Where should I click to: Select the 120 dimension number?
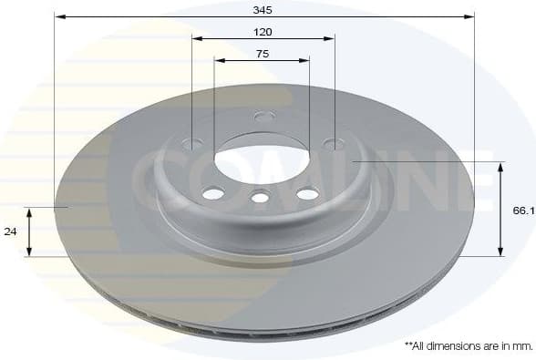coord(263,31)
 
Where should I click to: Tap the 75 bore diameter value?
coord(262,54)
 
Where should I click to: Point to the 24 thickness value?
coord(11,231)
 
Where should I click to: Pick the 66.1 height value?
coord(522,210)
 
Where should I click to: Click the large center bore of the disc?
coord(262,152)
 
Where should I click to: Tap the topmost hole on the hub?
coord(264,116)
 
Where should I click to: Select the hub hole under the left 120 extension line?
coord(192,143)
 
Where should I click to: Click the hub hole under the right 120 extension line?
coord(335,143)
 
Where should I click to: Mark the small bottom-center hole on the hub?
coord(261,196)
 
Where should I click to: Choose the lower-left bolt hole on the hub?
coord(213,193)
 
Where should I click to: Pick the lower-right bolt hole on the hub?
coord(308,193)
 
